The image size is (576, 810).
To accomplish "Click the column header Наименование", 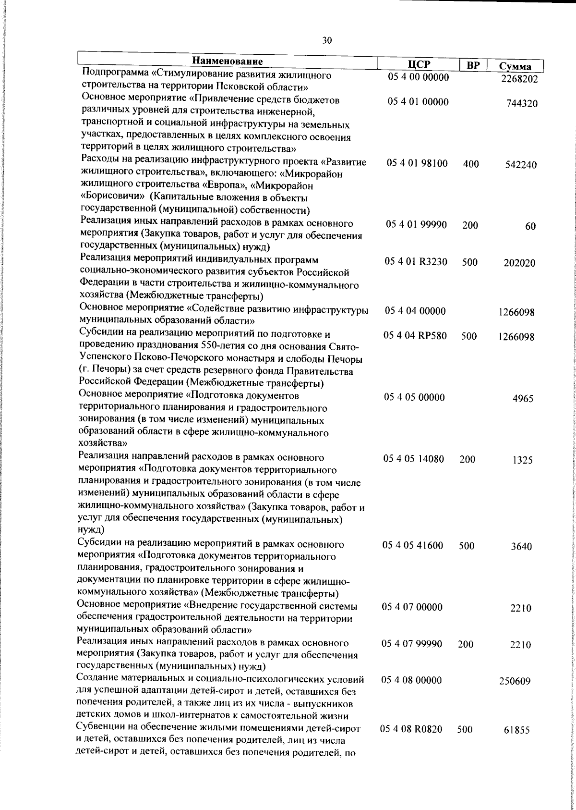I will (228, 61).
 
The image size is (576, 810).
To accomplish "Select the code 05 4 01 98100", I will (417, 164).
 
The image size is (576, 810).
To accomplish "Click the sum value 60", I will (530, 227).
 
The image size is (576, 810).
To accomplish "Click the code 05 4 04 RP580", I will (415, 336).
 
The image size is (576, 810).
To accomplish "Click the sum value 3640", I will (521, 547).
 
